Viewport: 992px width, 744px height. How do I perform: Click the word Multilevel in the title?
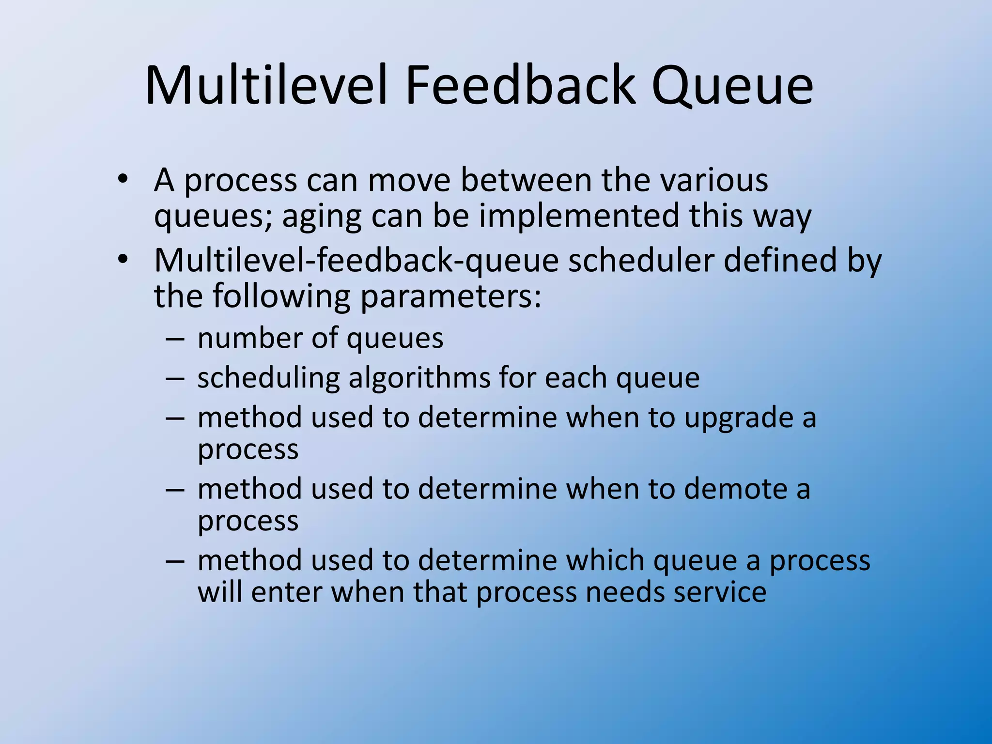coord(266,86)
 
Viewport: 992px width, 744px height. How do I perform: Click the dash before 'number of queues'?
coord(174,339)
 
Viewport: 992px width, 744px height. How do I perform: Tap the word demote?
coord(731,489)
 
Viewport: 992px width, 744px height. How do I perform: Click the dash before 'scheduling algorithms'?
coord(174,379)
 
